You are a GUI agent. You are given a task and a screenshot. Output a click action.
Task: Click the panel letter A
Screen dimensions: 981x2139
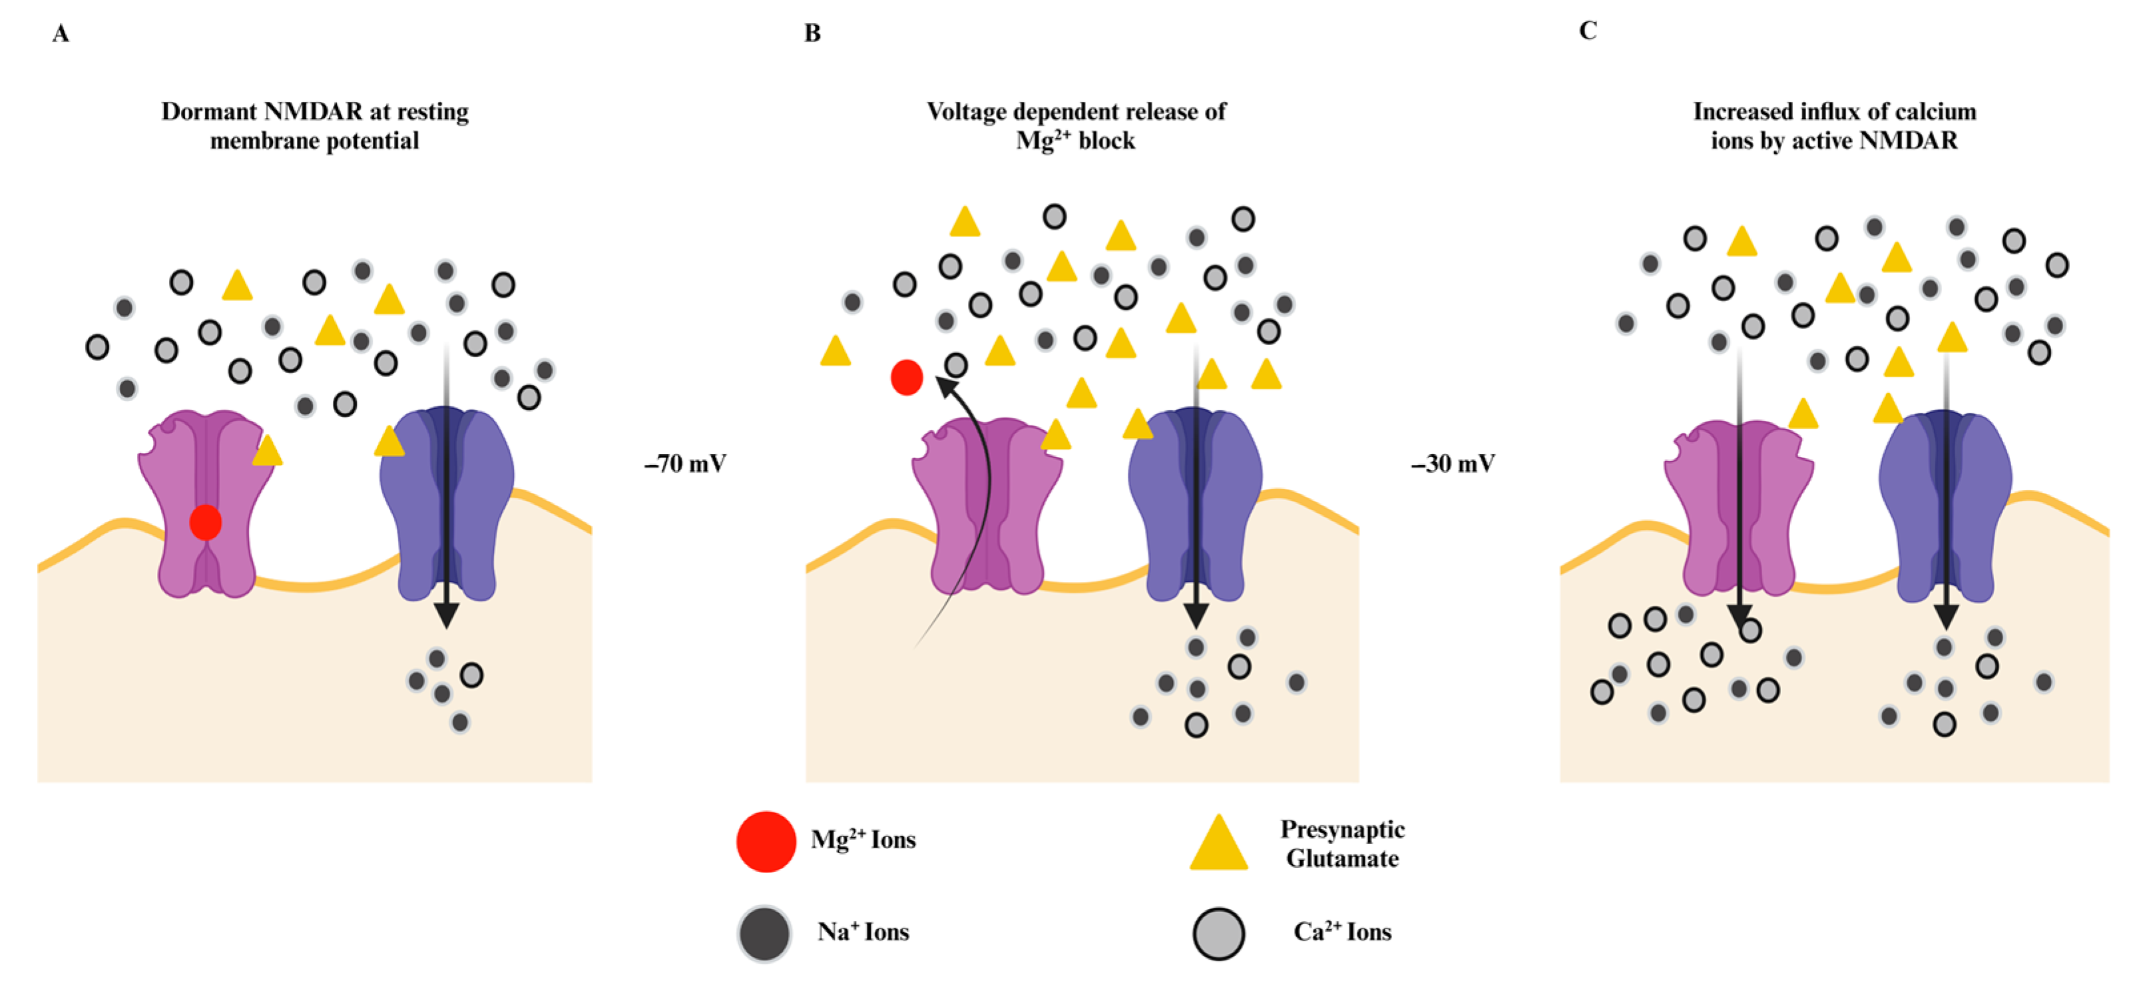coord(61,34)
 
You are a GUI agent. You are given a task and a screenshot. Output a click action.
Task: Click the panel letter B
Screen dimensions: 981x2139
coord(812,33)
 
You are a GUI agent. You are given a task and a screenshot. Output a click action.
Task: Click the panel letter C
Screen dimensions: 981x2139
coord(1588,31)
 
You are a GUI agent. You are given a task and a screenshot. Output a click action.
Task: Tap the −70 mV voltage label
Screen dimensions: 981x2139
coord(685,464)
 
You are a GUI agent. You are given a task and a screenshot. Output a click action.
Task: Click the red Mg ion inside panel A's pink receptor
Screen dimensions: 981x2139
coord(205,523)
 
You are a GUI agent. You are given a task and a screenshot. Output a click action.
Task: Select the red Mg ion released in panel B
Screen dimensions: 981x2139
coord(906,377)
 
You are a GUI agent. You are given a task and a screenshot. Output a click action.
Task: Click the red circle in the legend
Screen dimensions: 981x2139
coord(766,841)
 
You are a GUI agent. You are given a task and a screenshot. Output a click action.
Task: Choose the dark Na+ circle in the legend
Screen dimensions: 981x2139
coord(764,934)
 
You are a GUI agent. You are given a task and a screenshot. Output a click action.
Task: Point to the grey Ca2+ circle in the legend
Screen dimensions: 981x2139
coord(1218,934)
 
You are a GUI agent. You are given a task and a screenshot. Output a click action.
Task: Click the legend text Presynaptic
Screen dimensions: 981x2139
coord(1342,829)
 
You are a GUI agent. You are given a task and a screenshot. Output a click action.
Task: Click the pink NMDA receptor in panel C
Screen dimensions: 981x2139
coord(1738,507)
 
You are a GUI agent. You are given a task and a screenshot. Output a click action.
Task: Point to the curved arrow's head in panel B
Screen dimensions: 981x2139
coord(944,383)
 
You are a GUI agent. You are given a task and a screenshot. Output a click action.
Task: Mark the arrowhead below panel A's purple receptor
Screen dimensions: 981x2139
coord(446,615)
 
